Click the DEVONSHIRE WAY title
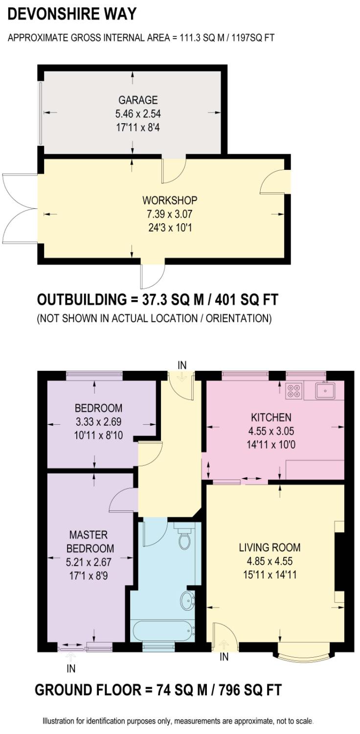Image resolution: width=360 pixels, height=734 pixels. pyautogui.click(x=72, y=14)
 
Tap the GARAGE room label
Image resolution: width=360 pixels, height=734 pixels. pyautogui.click(x=138, y=100)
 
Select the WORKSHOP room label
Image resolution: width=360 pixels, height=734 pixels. pyautogui.click(x=170, y=200)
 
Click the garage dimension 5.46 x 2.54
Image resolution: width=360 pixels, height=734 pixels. pyautogui.click(x=138, y=114)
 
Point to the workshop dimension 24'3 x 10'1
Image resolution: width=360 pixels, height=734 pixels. pyautogui.click(x=170, y=228)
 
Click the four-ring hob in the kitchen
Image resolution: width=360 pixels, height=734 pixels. pyautogui.click(x=294, y=390)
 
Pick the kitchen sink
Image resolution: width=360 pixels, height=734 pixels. pyautogui.click(x=325, y=390)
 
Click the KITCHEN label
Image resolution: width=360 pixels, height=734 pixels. pyautogui.click(x=271, y=417)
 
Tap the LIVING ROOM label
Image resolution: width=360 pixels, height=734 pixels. pyautogui.click(x=270, y=548)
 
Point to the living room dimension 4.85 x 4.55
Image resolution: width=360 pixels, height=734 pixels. pyautogui.click(x=270, y=561)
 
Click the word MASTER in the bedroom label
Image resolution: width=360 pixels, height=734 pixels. pyautogui.click(x=89, y=535)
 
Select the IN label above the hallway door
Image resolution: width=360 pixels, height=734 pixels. pyautogui.click(x=182, y=365)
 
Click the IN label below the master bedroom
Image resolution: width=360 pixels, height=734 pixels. pyautogui.click(x=71, y=669)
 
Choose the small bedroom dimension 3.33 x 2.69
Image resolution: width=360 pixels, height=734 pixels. pyautogui.click(x=99, y=421)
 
